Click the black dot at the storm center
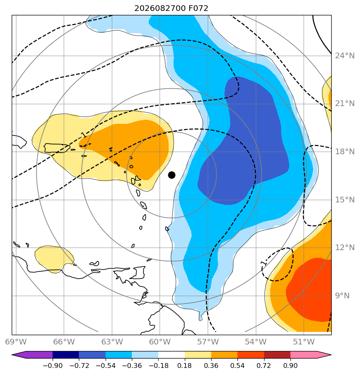(172, 175)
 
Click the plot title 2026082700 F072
(171, 8)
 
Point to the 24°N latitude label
(345, 56)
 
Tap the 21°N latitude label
(345, 104)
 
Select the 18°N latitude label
(345, 152)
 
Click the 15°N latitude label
(345, 200)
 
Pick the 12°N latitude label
(345, 248)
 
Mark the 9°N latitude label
(342, 296)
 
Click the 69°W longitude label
(16, 342)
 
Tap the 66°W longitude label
(64, 342)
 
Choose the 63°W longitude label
(112, 342)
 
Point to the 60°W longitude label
(160, 342)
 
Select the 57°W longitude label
(208, 342)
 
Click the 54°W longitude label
(256, 342)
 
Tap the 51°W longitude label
(304, 342)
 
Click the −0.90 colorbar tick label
(53, 365)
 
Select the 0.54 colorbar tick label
(237, 365)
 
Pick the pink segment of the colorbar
(304, 355)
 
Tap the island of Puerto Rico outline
(57, 148)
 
